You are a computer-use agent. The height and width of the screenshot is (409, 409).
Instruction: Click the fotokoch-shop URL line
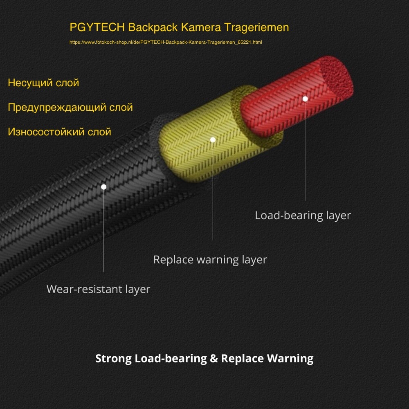[166, 42]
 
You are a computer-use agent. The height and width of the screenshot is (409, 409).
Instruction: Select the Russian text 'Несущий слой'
[43, 83]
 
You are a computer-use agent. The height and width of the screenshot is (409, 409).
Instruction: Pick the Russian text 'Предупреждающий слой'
[70, 108]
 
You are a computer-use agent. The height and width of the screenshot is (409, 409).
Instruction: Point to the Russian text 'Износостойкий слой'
[60, 132]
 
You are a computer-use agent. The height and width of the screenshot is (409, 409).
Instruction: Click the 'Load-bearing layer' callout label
[303, 216]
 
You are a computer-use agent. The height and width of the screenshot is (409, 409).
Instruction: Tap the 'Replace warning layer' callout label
[210, 260]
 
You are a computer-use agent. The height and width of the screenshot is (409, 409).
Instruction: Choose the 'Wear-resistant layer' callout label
[98, 289]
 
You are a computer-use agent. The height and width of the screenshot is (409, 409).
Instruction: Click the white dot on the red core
[305, 99]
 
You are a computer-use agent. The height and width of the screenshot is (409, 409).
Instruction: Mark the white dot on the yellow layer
[213, 139]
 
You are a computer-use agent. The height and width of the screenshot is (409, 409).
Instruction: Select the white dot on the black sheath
[103, 187]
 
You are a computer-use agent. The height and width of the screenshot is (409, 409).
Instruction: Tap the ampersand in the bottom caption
[213, 359]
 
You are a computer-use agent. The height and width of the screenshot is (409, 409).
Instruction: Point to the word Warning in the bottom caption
[290, 359]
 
